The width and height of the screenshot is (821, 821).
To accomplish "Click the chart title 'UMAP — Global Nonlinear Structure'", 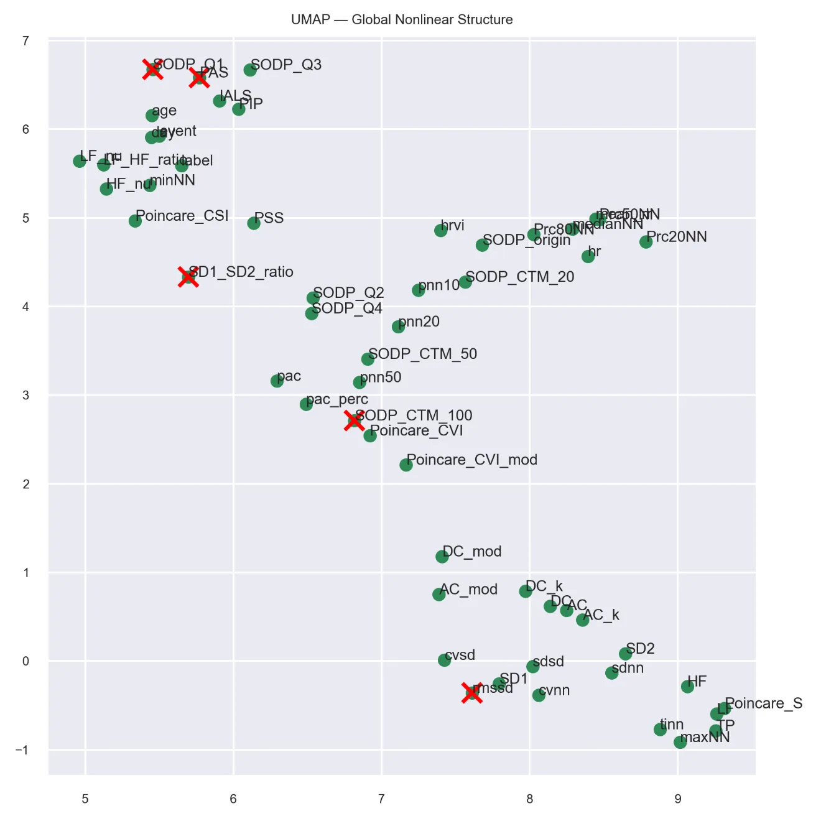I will click(402, 20).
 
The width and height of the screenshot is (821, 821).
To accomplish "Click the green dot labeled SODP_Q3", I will click(250, 70).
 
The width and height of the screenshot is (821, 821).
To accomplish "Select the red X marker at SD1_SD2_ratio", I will click(188, 277).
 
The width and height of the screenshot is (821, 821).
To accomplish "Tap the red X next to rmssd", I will click(472, 692).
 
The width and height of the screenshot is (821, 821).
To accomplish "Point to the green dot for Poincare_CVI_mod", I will click(406, 465).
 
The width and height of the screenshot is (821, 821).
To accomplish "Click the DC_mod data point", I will click(442, 556).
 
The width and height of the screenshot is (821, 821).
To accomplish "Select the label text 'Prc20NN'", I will click(677, 237).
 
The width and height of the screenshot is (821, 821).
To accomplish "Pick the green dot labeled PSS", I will click(254, 223).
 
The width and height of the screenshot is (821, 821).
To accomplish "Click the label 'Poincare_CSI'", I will click(182, 216).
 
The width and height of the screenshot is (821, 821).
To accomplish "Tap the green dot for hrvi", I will click(441, 230).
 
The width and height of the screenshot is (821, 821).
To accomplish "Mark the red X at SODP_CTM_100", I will click(355, 420).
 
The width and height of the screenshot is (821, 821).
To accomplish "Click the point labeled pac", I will click(277, 381).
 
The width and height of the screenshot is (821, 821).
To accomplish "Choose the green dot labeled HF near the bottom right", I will click(687, 687).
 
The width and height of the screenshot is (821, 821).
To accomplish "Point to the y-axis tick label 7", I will click(26, 41).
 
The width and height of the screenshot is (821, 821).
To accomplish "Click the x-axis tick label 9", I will click(678, 799).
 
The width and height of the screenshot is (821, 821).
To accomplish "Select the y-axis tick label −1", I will click(22, 750).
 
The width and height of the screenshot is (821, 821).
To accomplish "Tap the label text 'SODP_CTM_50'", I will click(422, 354).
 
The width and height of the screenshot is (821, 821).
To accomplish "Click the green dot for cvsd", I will click(444, 660).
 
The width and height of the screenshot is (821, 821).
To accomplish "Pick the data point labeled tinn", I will click(661, 729).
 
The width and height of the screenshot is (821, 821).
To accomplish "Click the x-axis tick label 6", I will click(233, 799).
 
